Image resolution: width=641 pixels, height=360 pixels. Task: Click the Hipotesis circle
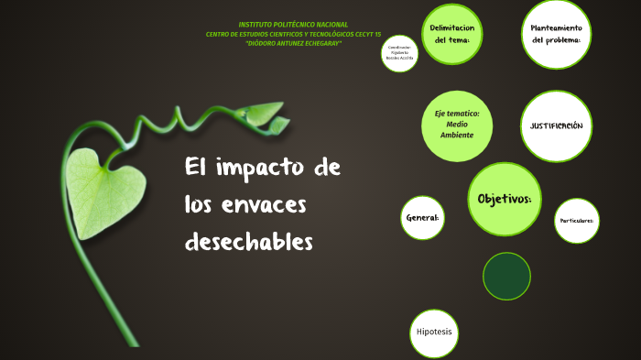click(433, 333)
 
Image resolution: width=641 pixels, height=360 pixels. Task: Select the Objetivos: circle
click(505, 199)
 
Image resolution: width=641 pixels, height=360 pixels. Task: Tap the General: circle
click(422, 218)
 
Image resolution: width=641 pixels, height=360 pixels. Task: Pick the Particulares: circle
click(576, 221)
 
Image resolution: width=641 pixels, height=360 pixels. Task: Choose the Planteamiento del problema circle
click(557, 34)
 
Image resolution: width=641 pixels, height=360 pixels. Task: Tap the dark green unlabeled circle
click(507, 274)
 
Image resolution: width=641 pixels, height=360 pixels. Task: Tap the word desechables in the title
click(248, 242)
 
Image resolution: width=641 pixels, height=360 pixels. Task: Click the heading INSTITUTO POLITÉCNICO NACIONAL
click(293, 24)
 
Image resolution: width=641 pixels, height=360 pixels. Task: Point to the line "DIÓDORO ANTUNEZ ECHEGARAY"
click(294, 43)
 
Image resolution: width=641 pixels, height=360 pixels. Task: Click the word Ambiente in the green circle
click(456, 136)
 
